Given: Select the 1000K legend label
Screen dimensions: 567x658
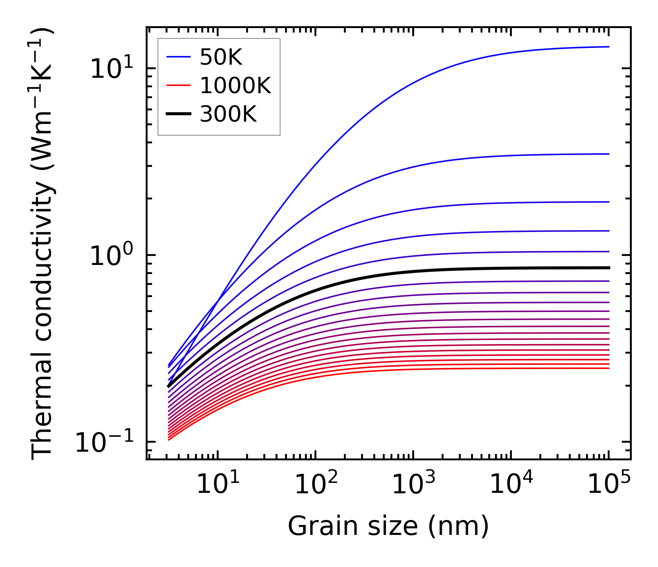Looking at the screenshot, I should click(x=235, y=85).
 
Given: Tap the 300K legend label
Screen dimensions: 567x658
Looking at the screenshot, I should click(x=228, y=114).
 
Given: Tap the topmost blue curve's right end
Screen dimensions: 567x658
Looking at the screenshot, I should click(x=608, y=47).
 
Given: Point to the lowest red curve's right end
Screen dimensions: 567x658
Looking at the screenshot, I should click(x=608, y=368).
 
